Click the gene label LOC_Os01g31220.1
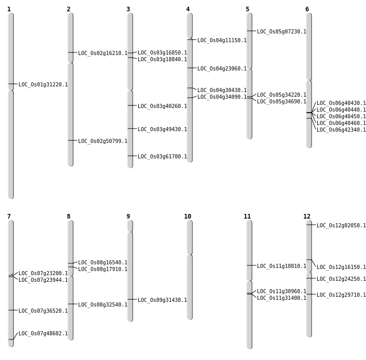[x=43, y=85]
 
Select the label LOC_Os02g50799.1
[x=103, y=141]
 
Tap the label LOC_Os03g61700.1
[x=162, y=157]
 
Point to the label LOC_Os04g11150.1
[x=222, y=41]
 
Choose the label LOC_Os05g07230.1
[x=282, y=32]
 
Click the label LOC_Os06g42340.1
[x=341, y=130]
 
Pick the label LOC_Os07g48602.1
[x=43, y=334]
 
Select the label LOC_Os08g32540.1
[x=103, y=305]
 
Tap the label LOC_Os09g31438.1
[x=162, y=300]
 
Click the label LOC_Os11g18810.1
[x=282, y=266]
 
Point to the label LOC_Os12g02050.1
[x=341, y=226]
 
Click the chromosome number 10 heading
[x=188, y=217]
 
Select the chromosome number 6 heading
[x=307, y=9]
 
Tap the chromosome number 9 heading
[x=128, y=217]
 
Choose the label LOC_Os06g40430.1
[x=341, y=103]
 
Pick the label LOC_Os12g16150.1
[x=341, y=267]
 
